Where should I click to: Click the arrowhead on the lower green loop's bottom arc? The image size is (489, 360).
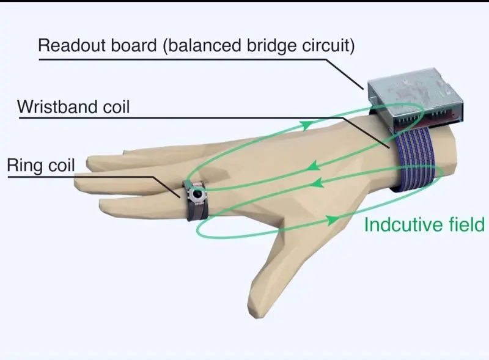(332, 218)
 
